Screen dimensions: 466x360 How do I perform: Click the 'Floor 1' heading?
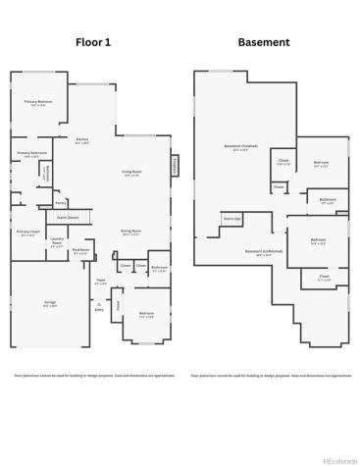click(x=95, y=43)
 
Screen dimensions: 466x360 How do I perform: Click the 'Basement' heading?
click(x=264, y=43)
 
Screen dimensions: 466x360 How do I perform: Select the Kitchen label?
click(x=82, y=140)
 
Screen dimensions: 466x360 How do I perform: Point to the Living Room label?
click(x=131, y=173)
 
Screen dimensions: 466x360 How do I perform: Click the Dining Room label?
click(x=130, y=232)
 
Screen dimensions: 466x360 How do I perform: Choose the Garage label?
click(x=49, y=302)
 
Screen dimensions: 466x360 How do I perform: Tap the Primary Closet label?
click(x=26, y=233)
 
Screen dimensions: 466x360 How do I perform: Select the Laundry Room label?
click(x=57, y=241)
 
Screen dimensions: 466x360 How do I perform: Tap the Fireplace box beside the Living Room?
click(x=177, y=168)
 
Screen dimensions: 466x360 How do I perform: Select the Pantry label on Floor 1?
click(x=60, y=203)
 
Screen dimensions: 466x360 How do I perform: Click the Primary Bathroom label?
click(x=32, y=154)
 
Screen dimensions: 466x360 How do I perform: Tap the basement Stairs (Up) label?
click(x=232, y=217)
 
